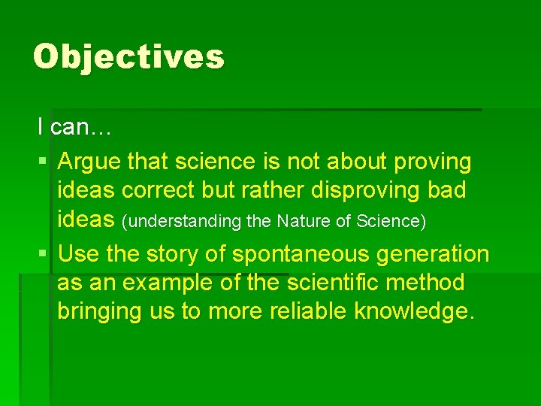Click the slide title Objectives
click(x=128, y=57)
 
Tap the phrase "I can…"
click(x=74, y=128)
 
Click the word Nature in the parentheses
click(x=301, y=222)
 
